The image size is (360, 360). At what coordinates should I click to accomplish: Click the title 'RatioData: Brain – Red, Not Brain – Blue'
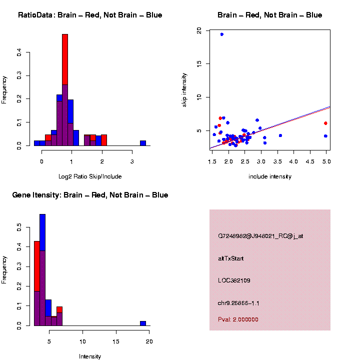(x=90, y=15)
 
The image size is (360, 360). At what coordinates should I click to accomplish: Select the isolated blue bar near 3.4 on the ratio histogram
(x=143, y=143)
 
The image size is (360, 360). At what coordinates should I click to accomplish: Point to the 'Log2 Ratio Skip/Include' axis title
(x=90, y=176)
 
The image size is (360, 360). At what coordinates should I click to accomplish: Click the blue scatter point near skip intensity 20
(x=221, y=34)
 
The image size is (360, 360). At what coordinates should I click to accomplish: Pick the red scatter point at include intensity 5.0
(x=325, y=123)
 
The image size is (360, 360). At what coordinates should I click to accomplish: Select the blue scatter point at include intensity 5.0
(x=325, y=136)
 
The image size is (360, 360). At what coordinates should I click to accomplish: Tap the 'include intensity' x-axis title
(x=270, y=176)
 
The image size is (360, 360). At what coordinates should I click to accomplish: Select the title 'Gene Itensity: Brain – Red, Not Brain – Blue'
(x=90, y=195)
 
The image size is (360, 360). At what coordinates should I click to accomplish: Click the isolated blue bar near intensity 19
(x=143, y=323)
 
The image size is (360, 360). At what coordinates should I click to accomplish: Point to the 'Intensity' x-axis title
(x=90, y=356)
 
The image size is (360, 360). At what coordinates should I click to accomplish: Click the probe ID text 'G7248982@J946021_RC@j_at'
(x=260, y=236)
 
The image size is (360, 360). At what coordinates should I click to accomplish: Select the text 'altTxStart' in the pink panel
(x=231, y=258)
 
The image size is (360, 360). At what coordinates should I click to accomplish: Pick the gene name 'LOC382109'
(x=234, y=280)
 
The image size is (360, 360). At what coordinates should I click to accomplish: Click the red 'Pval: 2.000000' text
(x=238, y=319)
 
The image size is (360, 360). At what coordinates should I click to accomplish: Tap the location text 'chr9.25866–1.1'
(x=238, y=303)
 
